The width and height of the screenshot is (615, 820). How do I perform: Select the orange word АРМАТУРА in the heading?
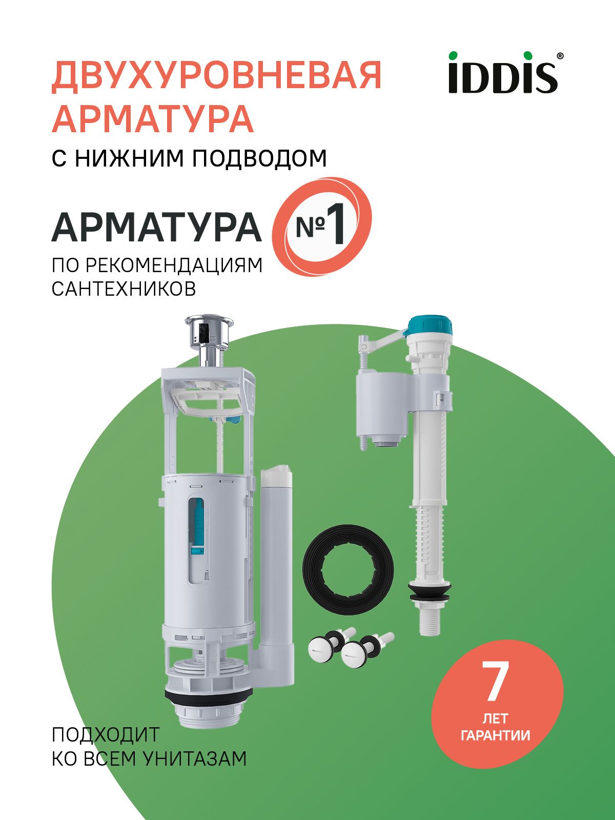tap(153, 118)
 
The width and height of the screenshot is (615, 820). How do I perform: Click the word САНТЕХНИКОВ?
tap(124, 289)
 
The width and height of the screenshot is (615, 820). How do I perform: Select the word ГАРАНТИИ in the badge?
tap(496, 735)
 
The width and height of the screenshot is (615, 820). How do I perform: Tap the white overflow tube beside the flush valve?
tap(277, 553)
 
